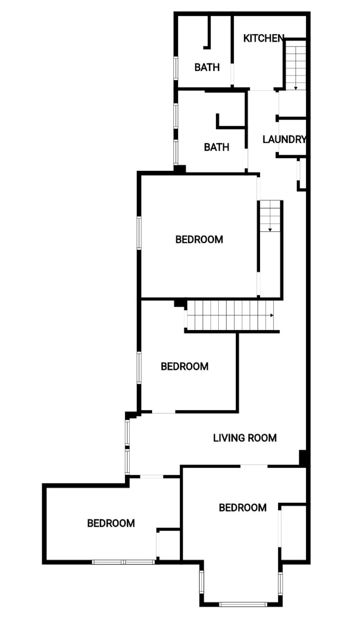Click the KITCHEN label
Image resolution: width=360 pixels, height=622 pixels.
click(x=264, y=38)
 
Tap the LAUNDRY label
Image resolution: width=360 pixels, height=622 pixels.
click(x=284, y=139)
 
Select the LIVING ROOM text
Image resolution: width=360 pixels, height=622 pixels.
click(x=245, y=438)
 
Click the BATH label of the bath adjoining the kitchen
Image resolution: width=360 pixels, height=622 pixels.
click(x=207, y=67)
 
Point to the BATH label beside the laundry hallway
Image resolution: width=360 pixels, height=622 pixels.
click(x=216, y=147)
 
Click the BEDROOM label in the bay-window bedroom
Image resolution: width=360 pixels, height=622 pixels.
click(x=243, y=508)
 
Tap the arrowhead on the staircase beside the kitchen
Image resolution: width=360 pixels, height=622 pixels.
click(x=296, y=88)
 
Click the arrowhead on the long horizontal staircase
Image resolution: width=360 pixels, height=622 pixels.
click(x=272, y=315)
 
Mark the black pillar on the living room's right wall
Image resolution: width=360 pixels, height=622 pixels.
click(x=303, y=457)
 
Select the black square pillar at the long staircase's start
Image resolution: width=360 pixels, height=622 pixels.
click(x=180, y=303)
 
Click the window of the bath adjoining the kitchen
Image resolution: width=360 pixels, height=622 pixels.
click(x=175, y=68)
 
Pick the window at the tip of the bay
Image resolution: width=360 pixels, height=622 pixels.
click(x=243, y=604)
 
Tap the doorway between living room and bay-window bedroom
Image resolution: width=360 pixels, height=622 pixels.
click(x=254, y=466)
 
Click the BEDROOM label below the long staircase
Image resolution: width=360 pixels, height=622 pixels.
click(x=184, y=367)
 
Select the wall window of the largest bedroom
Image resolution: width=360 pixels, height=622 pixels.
click(x=139, y=233)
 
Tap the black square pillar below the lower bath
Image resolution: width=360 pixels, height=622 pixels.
click(x=180, y=169)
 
